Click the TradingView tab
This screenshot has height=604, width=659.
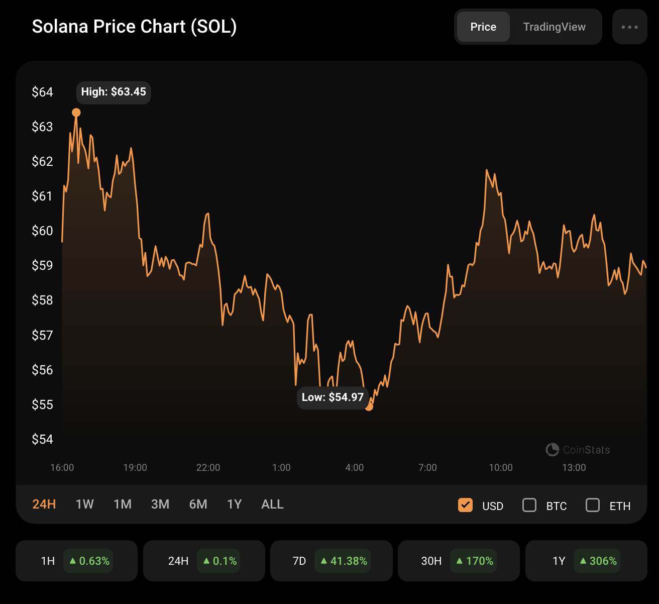coord(554,27)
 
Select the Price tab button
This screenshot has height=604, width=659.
coord(483,27)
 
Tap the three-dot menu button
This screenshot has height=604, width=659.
coord(630,27)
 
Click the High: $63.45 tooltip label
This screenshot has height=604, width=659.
coord(114,92)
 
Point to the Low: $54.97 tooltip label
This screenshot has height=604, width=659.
coord(333,397)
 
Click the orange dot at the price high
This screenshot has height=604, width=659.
coord(76,113)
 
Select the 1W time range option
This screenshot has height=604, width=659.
coord(84,504)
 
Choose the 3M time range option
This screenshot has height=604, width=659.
coord(160,504)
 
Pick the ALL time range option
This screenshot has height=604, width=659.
coord(272,504)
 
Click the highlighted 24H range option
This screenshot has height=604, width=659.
coord(44,504)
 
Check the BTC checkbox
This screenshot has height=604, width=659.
coord(529,505)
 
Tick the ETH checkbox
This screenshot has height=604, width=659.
coord(593,505)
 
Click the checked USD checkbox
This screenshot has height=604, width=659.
coord(465,505)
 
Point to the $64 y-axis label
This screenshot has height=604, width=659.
coord(42,92)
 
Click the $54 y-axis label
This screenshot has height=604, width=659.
coord(42,439)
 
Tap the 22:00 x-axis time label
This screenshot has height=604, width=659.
coord(208,467)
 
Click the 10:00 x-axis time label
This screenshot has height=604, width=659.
coord(501,467)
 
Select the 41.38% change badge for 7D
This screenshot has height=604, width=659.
coord(343,561)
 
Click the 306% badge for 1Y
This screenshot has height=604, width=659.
coord(597,561)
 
